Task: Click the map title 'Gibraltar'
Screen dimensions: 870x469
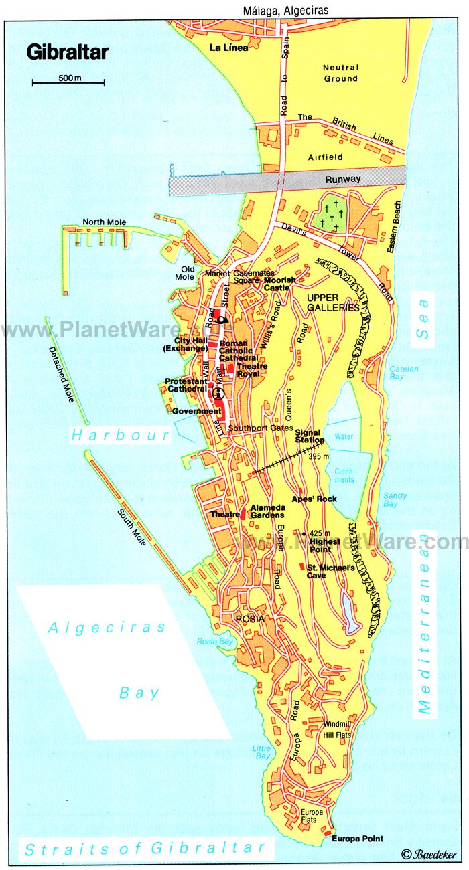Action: [67, 52]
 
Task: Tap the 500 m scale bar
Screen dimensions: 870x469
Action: [68, 83]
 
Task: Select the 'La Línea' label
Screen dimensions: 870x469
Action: [229, 48]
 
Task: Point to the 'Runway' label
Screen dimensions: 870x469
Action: [343, 179]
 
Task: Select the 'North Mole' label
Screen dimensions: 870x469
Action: [104, 222]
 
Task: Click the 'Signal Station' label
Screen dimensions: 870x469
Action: [310, 436]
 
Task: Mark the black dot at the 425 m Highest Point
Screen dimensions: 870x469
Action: [304, 533]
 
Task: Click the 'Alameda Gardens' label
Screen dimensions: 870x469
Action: [267, 511]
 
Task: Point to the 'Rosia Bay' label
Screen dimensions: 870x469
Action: [214, 641]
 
